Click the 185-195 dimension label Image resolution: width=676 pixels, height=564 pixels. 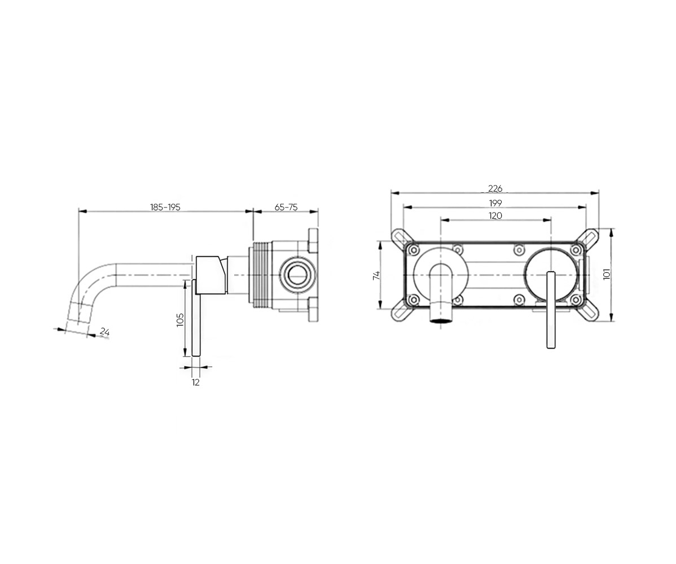[165, 207]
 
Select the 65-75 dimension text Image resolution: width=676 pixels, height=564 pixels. [286, 207]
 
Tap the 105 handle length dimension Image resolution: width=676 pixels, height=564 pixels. [180, 319]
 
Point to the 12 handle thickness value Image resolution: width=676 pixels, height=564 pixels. [196, 382]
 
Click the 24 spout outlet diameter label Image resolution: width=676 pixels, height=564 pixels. [105, 332]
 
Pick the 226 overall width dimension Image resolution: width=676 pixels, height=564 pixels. [495, 188]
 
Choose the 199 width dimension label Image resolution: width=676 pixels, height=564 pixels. [495, 202]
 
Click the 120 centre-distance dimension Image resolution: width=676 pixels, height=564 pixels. [495, 215]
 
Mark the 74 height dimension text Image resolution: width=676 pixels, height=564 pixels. [376, 276]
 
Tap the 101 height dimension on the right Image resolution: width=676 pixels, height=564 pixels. [607, 274]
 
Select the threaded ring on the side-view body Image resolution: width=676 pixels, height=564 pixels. [258, 275]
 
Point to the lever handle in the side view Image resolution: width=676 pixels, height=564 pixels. [196, 318]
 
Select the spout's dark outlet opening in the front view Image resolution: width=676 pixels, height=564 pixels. [441, 320]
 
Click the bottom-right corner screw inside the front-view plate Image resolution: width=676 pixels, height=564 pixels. [575, 299]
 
